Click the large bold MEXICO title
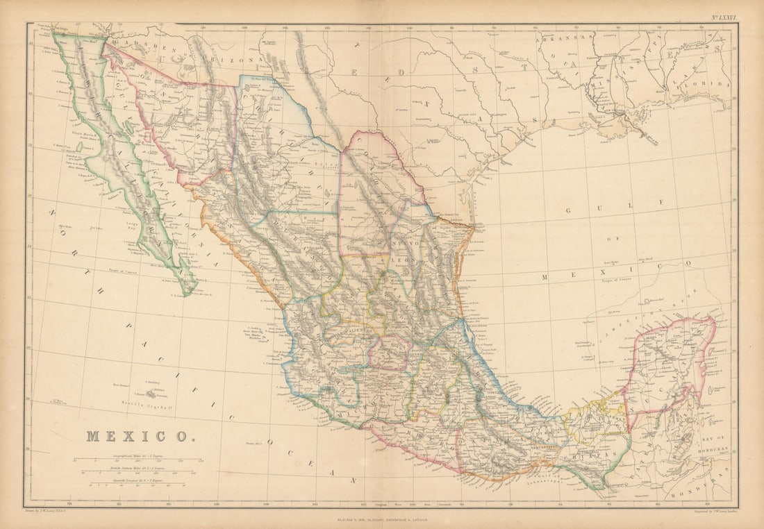coord(140,436)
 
